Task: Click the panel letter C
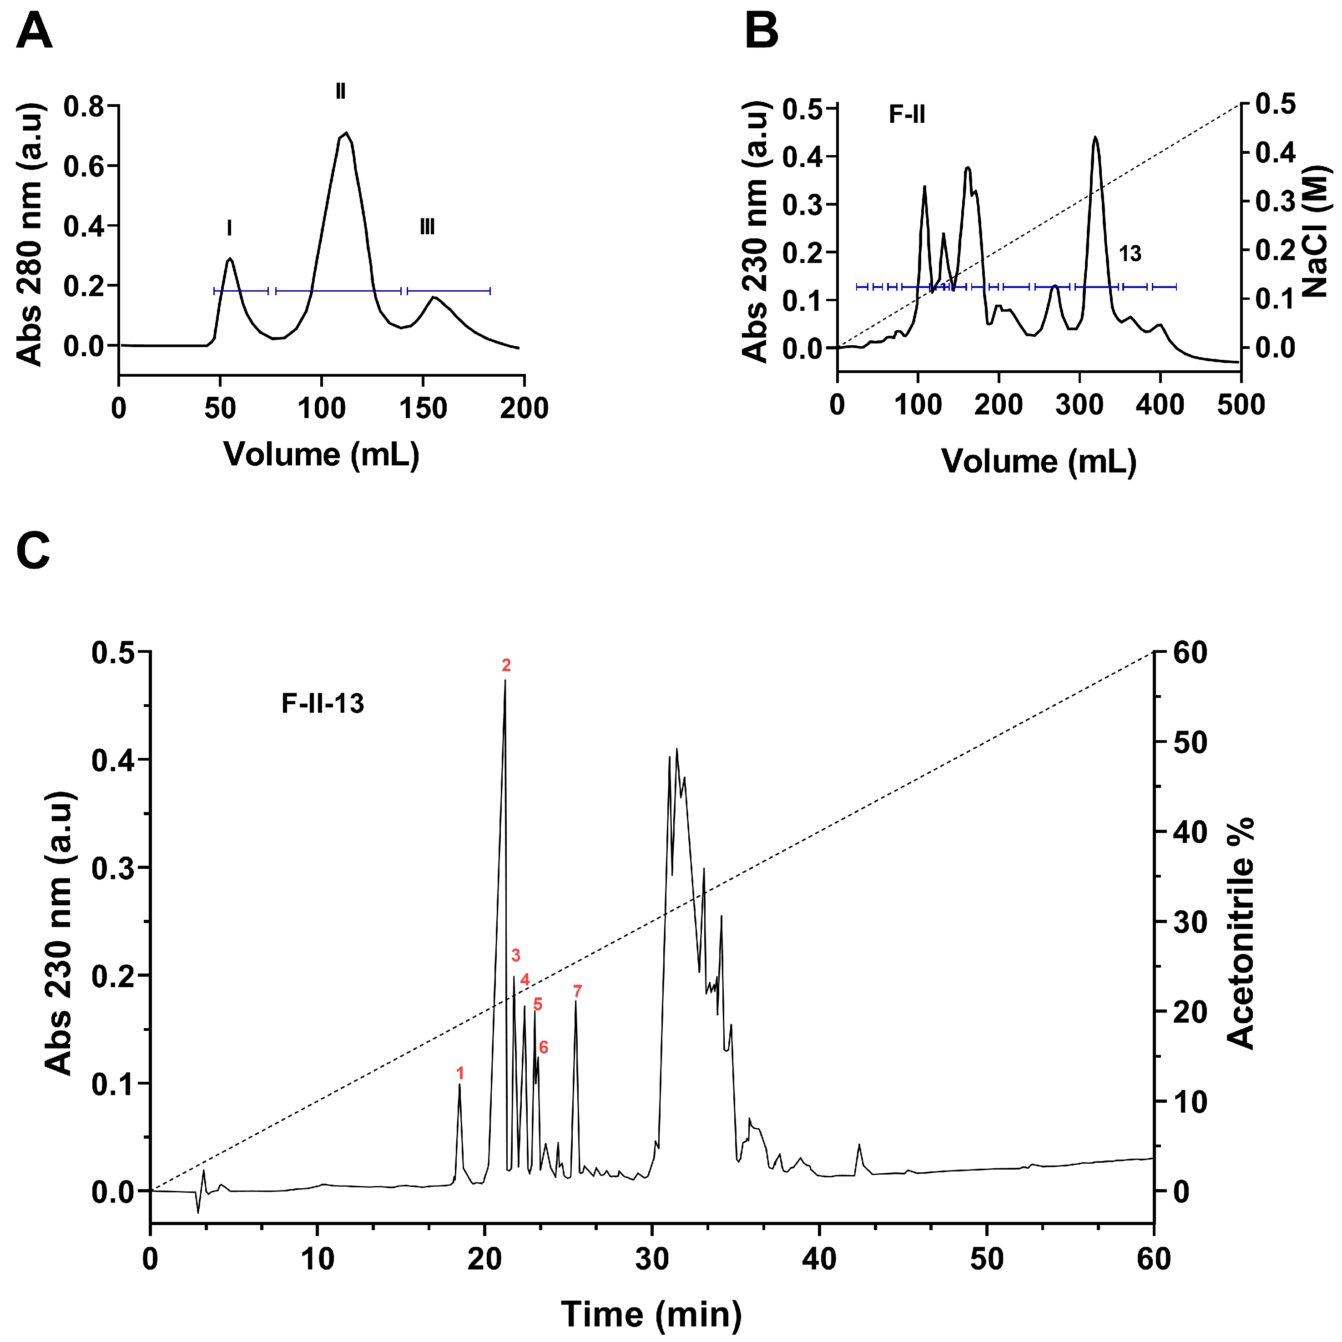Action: [x=33, y=551]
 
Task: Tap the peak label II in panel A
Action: [x=340, y=91]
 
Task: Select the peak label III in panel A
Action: [x=427, y=227]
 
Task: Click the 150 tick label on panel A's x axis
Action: [x=423, y=409]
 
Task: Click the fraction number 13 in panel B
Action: [x=1130, y=254]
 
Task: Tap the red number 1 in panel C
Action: [x=460, y=1073]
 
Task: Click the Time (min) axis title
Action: [x=651, y=1314]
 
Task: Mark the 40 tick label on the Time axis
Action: [x=820, y=1259]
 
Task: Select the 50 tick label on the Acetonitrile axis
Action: [x=1190, y=742]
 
